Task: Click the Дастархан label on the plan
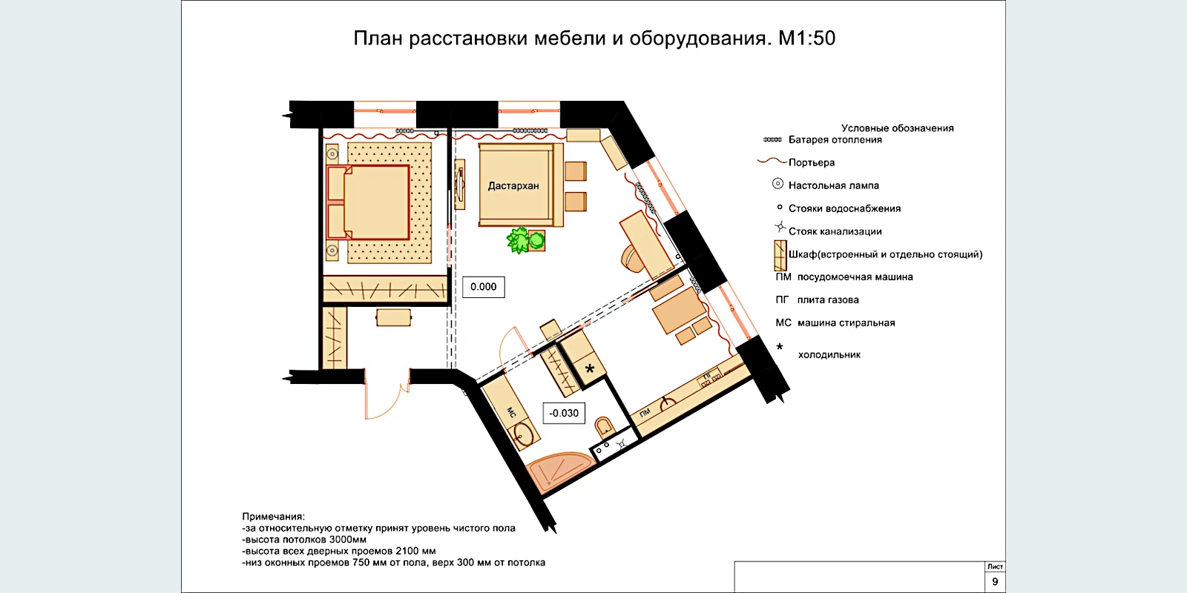[513, 186]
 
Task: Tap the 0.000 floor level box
[483, 287]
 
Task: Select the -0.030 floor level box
[564, 413]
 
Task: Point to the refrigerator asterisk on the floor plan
[589, 368]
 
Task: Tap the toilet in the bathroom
[604, 426]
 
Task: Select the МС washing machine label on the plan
[511, 412]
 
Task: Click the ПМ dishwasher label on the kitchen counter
[645, 413]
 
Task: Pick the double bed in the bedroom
[368, 202]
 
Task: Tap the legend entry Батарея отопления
[835, 140]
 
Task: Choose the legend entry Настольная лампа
[833, 185]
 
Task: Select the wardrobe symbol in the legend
[780, 256]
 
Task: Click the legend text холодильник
[829, 355]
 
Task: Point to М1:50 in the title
[806, 38]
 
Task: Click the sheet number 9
[995, 582]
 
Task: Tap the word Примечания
[274, 517]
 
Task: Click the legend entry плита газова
[828, 299]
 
